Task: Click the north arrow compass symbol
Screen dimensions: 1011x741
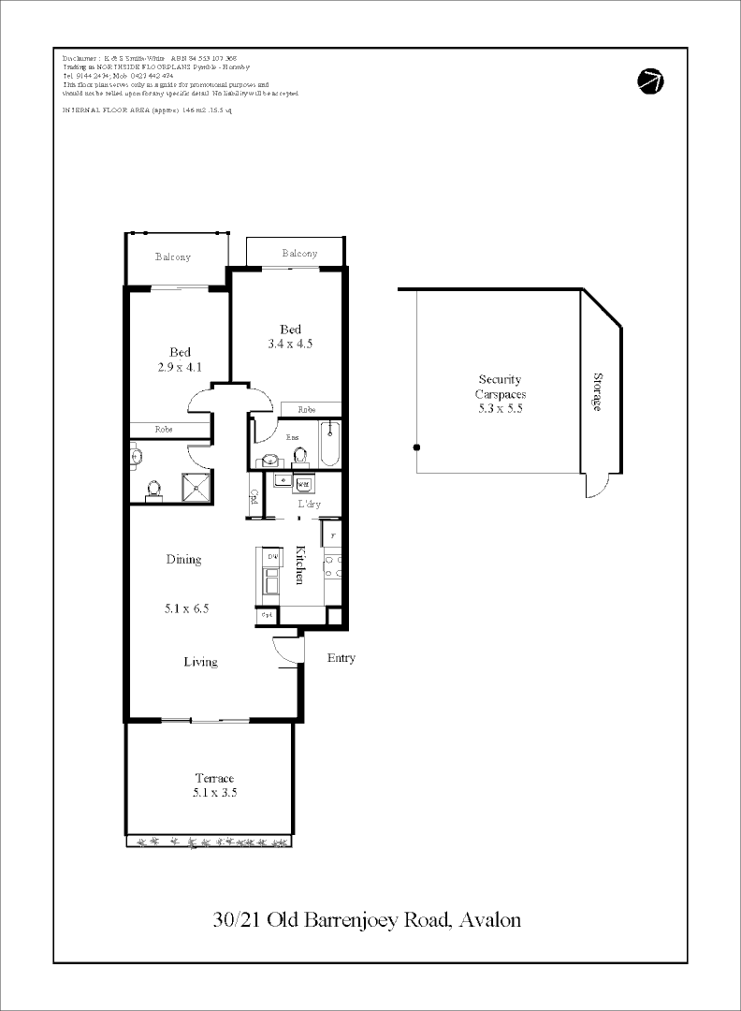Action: pyautogui.click(x=650, y=81)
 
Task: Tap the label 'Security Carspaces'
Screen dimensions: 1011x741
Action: pyautogui.click(x=499, y=387)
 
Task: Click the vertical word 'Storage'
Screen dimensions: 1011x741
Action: pyautogui.click(x=598, y=391)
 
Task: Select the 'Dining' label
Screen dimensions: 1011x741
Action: pyautogui.click(x=183, y=560)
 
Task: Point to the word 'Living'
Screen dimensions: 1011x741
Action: pyautogui.click(x=200, y=662)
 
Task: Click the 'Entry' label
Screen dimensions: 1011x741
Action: pyautogui.click(x=341, y=658)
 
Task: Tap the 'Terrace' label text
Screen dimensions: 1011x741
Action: pyautogui.click(x=214, y=778)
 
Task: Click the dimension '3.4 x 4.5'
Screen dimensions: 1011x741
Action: pyautogui.click(x=290, y=344)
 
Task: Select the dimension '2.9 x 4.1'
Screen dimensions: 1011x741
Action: pyautogui.click(x=180, y=367)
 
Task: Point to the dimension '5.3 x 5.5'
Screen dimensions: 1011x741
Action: pyautogui.click(x=499, y=409)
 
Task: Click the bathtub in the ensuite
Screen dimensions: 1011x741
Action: pyautogui.click(x=329, y=444)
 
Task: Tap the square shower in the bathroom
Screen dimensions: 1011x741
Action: pyautogui.click(x=196, y=484)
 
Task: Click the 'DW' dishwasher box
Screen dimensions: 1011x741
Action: pyautogui.click(x=273, y=557)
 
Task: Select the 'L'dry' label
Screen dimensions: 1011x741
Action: pyautogui.click(x=310, y=505)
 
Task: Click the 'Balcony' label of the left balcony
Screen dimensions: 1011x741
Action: pyautogui.click(x=173, y=256)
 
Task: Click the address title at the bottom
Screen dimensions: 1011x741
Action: pyautogui.click(x=367, y=919)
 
